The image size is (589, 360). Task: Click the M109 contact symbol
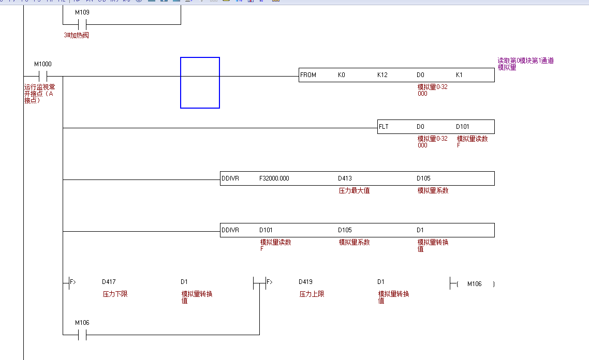tap(82, 24)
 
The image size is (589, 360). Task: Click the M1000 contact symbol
tap(43, 77)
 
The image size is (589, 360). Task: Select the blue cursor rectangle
tap(200, 83)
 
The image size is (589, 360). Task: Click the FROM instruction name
tap(308, 75)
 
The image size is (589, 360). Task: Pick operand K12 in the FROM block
tap(382, 75)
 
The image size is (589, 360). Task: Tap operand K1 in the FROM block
tap(459, 75)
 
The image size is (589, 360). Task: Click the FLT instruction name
tap(384, 127)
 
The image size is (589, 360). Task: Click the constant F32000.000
tap(274, 178)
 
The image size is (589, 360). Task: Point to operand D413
tap(345, 178)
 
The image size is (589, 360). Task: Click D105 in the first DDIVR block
tap(423, 178)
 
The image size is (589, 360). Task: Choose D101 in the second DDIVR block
tap(266, 230)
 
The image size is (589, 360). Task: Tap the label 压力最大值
tap(354, 190)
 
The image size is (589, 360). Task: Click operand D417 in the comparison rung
tap(109, 282)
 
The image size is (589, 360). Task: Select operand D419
tap(305, 282)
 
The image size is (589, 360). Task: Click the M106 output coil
tap(474, 284)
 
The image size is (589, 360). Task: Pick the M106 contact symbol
tap(82, 335)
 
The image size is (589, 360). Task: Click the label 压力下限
tap(115, 294)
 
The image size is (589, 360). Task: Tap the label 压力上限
tap(312, 294)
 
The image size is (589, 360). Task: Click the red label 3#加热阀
tap(76, 35)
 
